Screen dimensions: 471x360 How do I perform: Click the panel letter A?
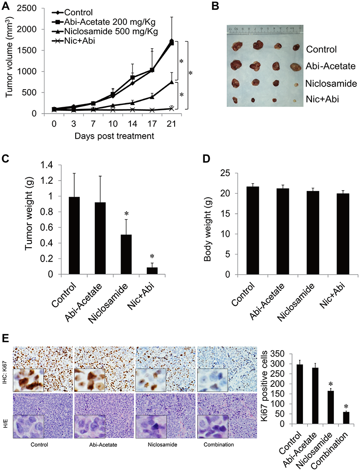(x=7, y=6)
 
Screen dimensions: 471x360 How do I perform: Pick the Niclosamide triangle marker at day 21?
(x=171, y=82)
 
